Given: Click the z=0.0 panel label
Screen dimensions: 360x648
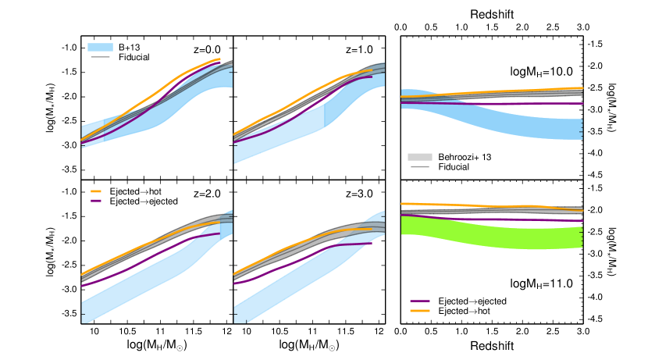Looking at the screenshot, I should (208, 49).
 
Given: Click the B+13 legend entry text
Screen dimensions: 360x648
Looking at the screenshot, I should (130, 46).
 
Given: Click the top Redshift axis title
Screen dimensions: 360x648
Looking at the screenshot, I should (492, 14).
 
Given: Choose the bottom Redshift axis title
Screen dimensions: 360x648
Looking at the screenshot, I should (492, 345).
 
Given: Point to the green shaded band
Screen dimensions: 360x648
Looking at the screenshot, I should (492, 231).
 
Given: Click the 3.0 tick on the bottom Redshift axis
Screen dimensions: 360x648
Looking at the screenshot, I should (582, 331).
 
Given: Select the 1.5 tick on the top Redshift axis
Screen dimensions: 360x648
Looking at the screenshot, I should (492, 27).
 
